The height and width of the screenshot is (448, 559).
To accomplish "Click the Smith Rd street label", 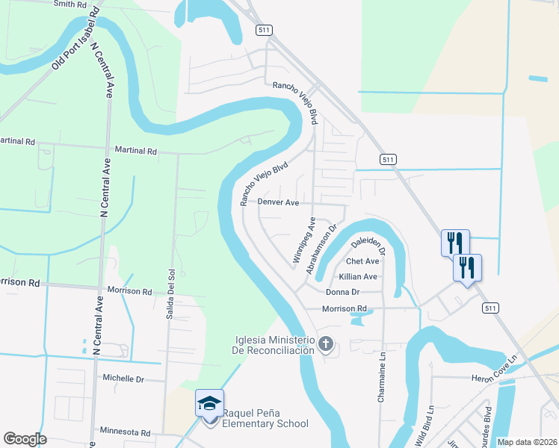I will click(70, 4).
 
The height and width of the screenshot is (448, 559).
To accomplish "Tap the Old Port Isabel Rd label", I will click(75, 41).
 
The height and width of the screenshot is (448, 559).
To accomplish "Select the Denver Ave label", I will click(279, 202).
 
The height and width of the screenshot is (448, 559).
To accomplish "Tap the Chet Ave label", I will click(362, 261).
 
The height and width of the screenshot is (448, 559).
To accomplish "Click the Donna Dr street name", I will click(343, 292).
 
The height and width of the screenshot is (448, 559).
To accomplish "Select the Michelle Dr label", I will click(123, 379).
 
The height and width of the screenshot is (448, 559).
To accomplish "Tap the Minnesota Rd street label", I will click(125, 432).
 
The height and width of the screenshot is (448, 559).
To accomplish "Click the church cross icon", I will click(325, 344).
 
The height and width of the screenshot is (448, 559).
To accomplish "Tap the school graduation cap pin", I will click(209, 404).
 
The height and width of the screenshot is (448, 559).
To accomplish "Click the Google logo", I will click(25, 439).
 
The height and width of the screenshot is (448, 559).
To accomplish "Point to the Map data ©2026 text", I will click(527, 442).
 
